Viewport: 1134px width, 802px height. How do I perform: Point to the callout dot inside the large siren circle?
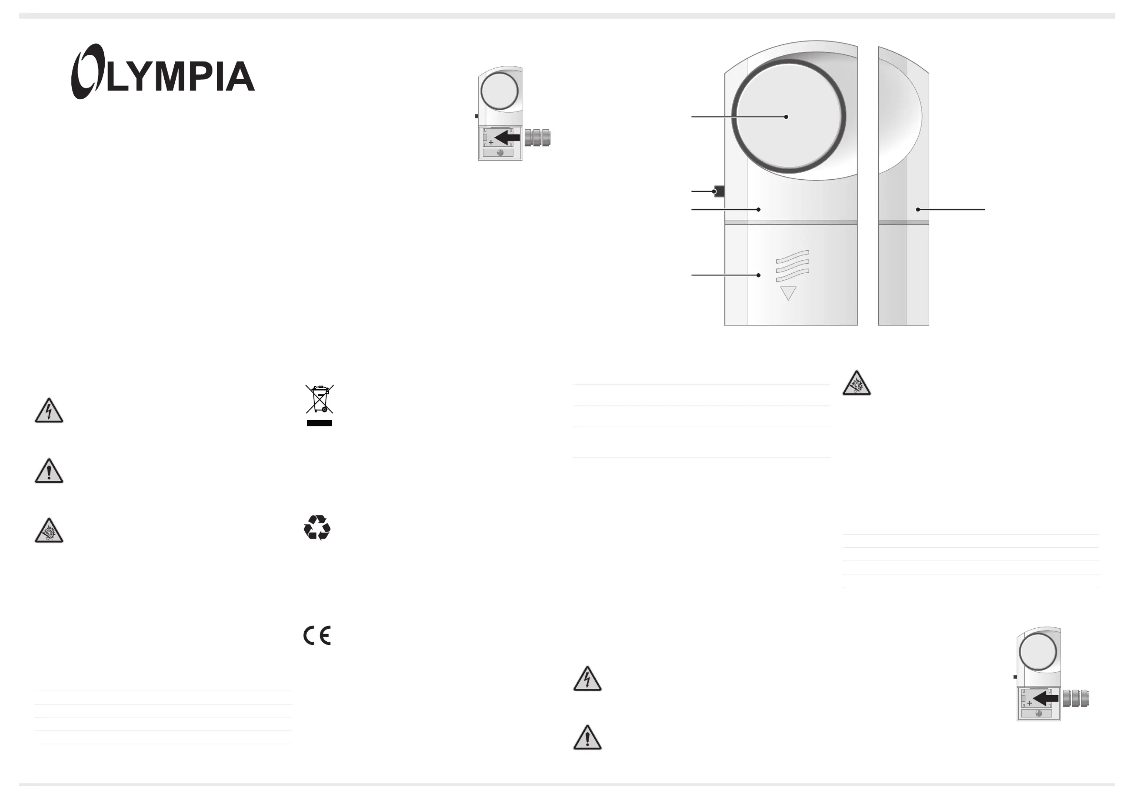point(786,116)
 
